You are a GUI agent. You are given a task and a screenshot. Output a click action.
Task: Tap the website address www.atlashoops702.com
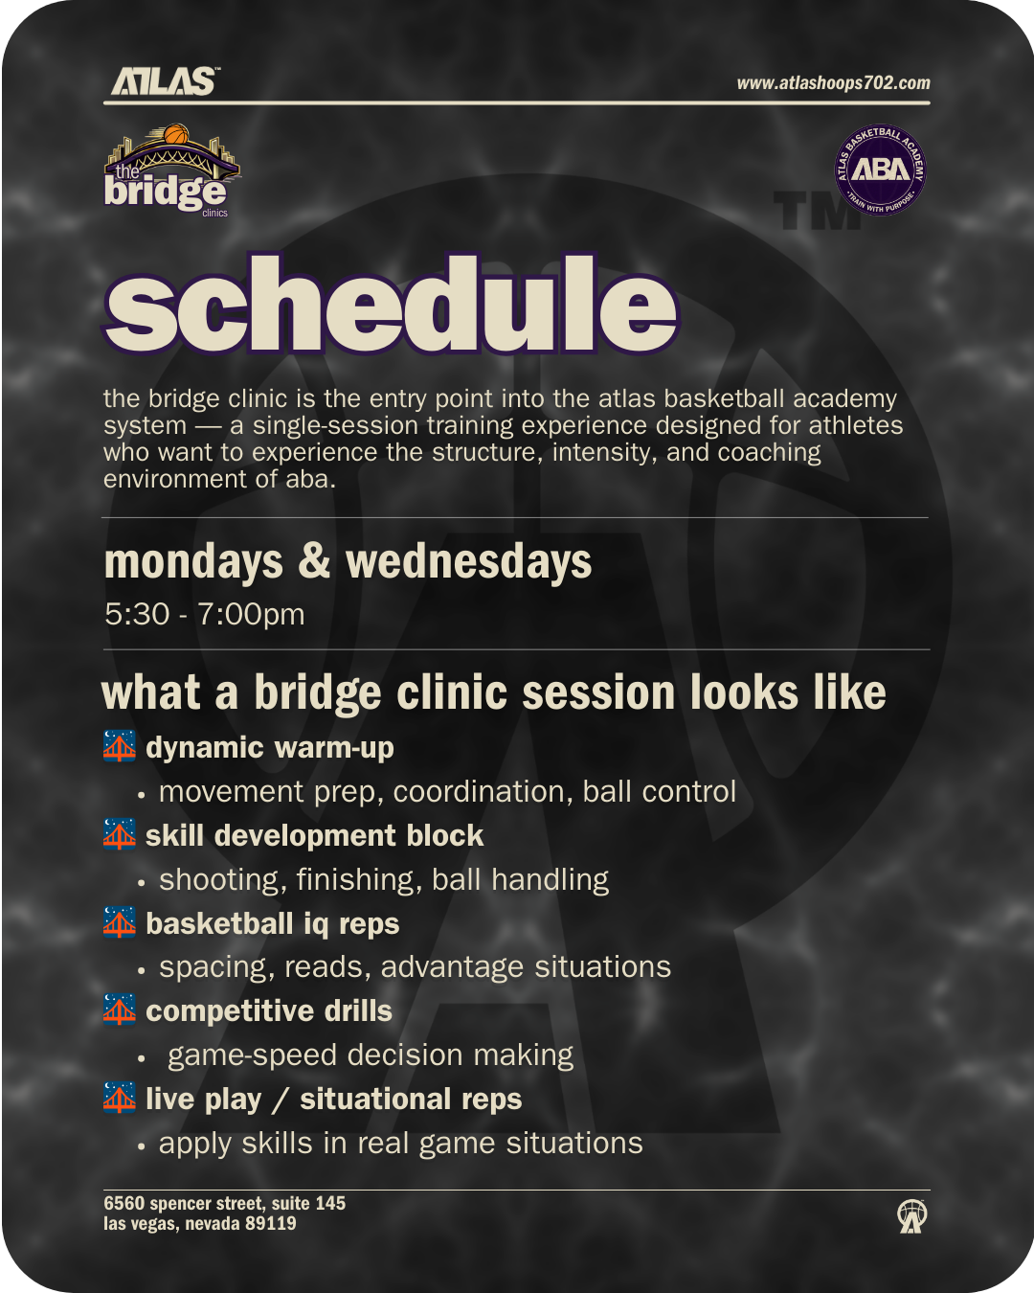pos(833,83)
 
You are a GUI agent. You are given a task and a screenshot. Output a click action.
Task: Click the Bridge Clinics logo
pos(171,170)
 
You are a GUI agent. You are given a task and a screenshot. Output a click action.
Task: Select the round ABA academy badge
pos(880,170)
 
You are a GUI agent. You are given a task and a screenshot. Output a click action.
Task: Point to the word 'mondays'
pos(193,562)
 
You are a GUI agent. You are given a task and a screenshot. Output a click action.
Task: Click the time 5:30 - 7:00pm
pos(204,614)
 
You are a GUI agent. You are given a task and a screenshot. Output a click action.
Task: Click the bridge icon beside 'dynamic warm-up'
pos(119,746)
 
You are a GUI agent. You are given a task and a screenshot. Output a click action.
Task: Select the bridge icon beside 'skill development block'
pos(119,834)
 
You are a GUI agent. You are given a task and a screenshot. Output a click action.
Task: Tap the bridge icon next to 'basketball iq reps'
pos(119,922)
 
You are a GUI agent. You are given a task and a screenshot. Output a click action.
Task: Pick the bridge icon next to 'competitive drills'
pos(119,1009)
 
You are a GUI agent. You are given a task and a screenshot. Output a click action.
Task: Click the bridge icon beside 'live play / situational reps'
pos(119,1098)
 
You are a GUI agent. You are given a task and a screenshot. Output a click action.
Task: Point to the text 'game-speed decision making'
pos(371,1055)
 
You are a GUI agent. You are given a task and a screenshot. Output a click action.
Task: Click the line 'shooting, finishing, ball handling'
pos(384,880)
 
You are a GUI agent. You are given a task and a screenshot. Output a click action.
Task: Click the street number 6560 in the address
pos(124,1203)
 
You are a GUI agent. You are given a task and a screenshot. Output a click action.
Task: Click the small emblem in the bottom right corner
pos(912,1215)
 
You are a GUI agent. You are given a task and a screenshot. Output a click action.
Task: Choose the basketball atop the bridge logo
pos(176,134)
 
